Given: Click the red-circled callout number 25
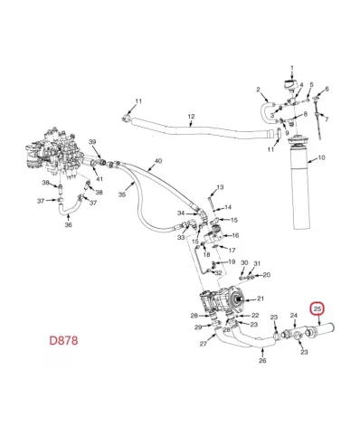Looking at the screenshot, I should [317, 308].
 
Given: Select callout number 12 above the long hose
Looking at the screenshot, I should [191, 117].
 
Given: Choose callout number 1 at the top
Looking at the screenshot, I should [292, 69].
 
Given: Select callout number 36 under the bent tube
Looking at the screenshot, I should [68, 225].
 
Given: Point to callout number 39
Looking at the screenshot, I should [91, 144].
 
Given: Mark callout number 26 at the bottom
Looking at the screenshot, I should [262, 360].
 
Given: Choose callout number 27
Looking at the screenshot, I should [203, 344].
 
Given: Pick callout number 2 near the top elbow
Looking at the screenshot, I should [258, 90].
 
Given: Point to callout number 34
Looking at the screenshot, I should [181, 213].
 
